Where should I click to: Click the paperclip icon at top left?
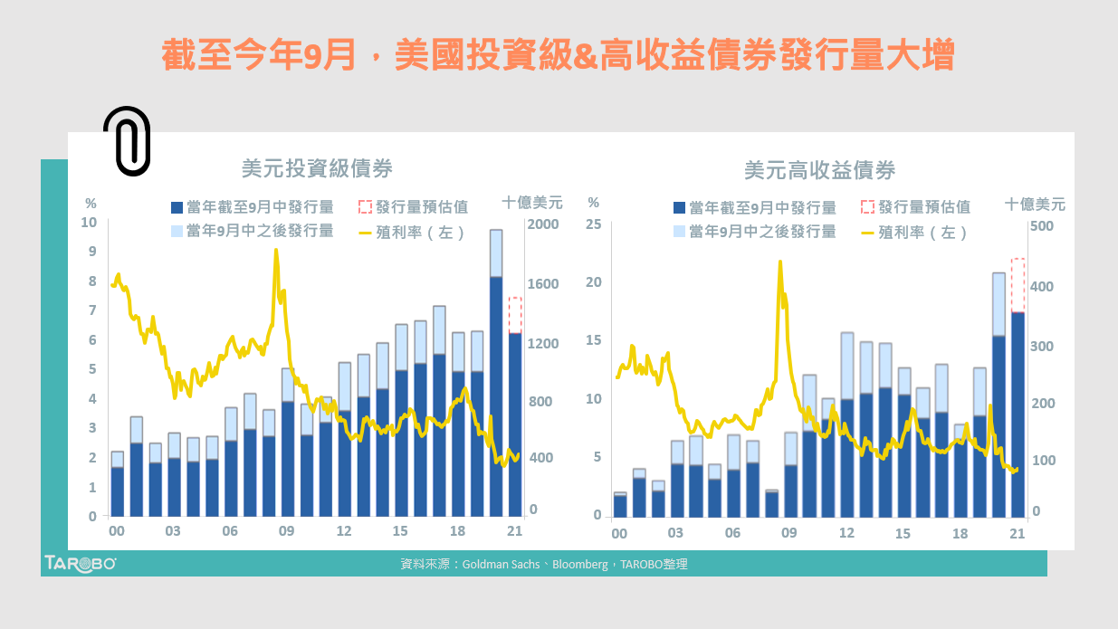pos(127,140)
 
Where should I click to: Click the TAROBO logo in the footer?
pos(81,563)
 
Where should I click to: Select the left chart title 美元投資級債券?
pos(317,168)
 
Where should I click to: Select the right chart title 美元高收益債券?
pos(819,169)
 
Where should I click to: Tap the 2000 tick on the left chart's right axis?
pos(545,224)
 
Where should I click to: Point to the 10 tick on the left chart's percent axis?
pos(90,223)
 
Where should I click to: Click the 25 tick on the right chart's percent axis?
pos(593,224)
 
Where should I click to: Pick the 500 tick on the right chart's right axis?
pos(1043,225)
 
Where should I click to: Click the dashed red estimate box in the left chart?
pos(515,315)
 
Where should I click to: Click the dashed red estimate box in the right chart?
pos(1018,285)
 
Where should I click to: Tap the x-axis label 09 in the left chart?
pos(287,531)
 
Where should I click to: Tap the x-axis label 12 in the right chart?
pos(846,533)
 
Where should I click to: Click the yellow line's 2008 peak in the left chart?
pos(275,252)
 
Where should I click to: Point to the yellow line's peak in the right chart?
pos(779,262)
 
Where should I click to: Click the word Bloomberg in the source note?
pos(579,564)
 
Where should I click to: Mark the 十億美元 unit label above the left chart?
pos(532,202)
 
